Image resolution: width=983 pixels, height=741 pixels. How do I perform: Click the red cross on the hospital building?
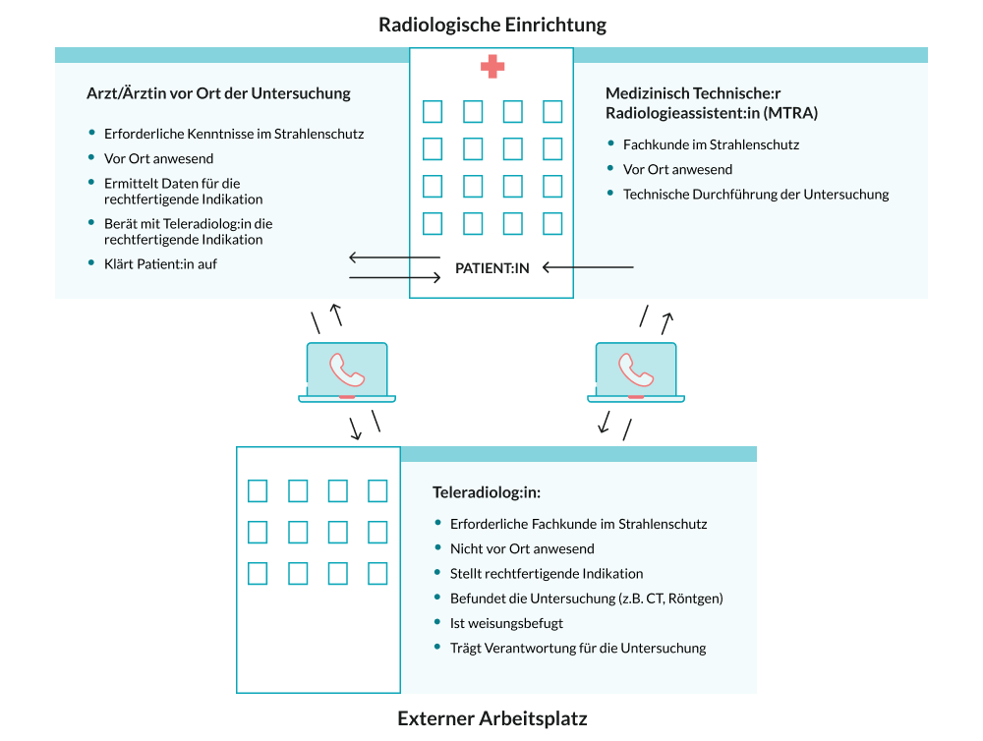[492, 68]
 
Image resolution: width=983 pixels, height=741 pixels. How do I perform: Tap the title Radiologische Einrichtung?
[492, 25]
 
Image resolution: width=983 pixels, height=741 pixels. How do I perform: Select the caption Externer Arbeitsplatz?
[491, 718]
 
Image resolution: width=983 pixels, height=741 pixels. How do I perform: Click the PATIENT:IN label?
[491, 267]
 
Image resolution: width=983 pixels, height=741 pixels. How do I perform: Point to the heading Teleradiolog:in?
[487, 491]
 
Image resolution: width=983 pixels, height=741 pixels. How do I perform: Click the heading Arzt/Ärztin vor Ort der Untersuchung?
[218, 94]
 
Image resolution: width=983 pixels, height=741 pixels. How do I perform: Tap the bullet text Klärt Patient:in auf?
[160, 264]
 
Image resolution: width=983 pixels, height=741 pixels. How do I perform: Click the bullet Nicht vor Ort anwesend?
[521, 548]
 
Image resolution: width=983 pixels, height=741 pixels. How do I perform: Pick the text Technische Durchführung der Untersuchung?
[755, 195]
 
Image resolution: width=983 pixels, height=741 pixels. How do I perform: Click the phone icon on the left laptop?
[347, 369]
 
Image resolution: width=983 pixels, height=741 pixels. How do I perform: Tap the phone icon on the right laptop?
[636, 369]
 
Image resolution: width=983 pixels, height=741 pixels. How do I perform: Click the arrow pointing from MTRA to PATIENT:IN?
[589, 267]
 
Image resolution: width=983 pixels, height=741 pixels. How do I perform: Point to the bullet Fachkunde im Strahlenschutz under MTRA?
[711, 144]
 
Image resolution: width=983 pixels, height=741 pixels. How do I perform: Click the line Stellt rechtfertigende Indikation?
[546, 573]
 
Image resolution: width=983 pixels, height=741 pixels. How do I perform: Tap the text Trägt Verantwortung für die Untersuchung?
[577, 648]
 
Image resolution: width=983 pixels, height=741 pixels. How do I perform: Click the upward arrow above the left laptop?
[336, 314]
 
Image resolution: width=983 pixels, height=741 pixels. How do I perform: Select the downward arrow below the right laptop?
[605, 423]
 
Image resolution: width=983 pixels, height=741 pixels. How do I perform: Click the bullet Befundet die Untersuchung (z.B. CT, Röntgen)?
[586, 598]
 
